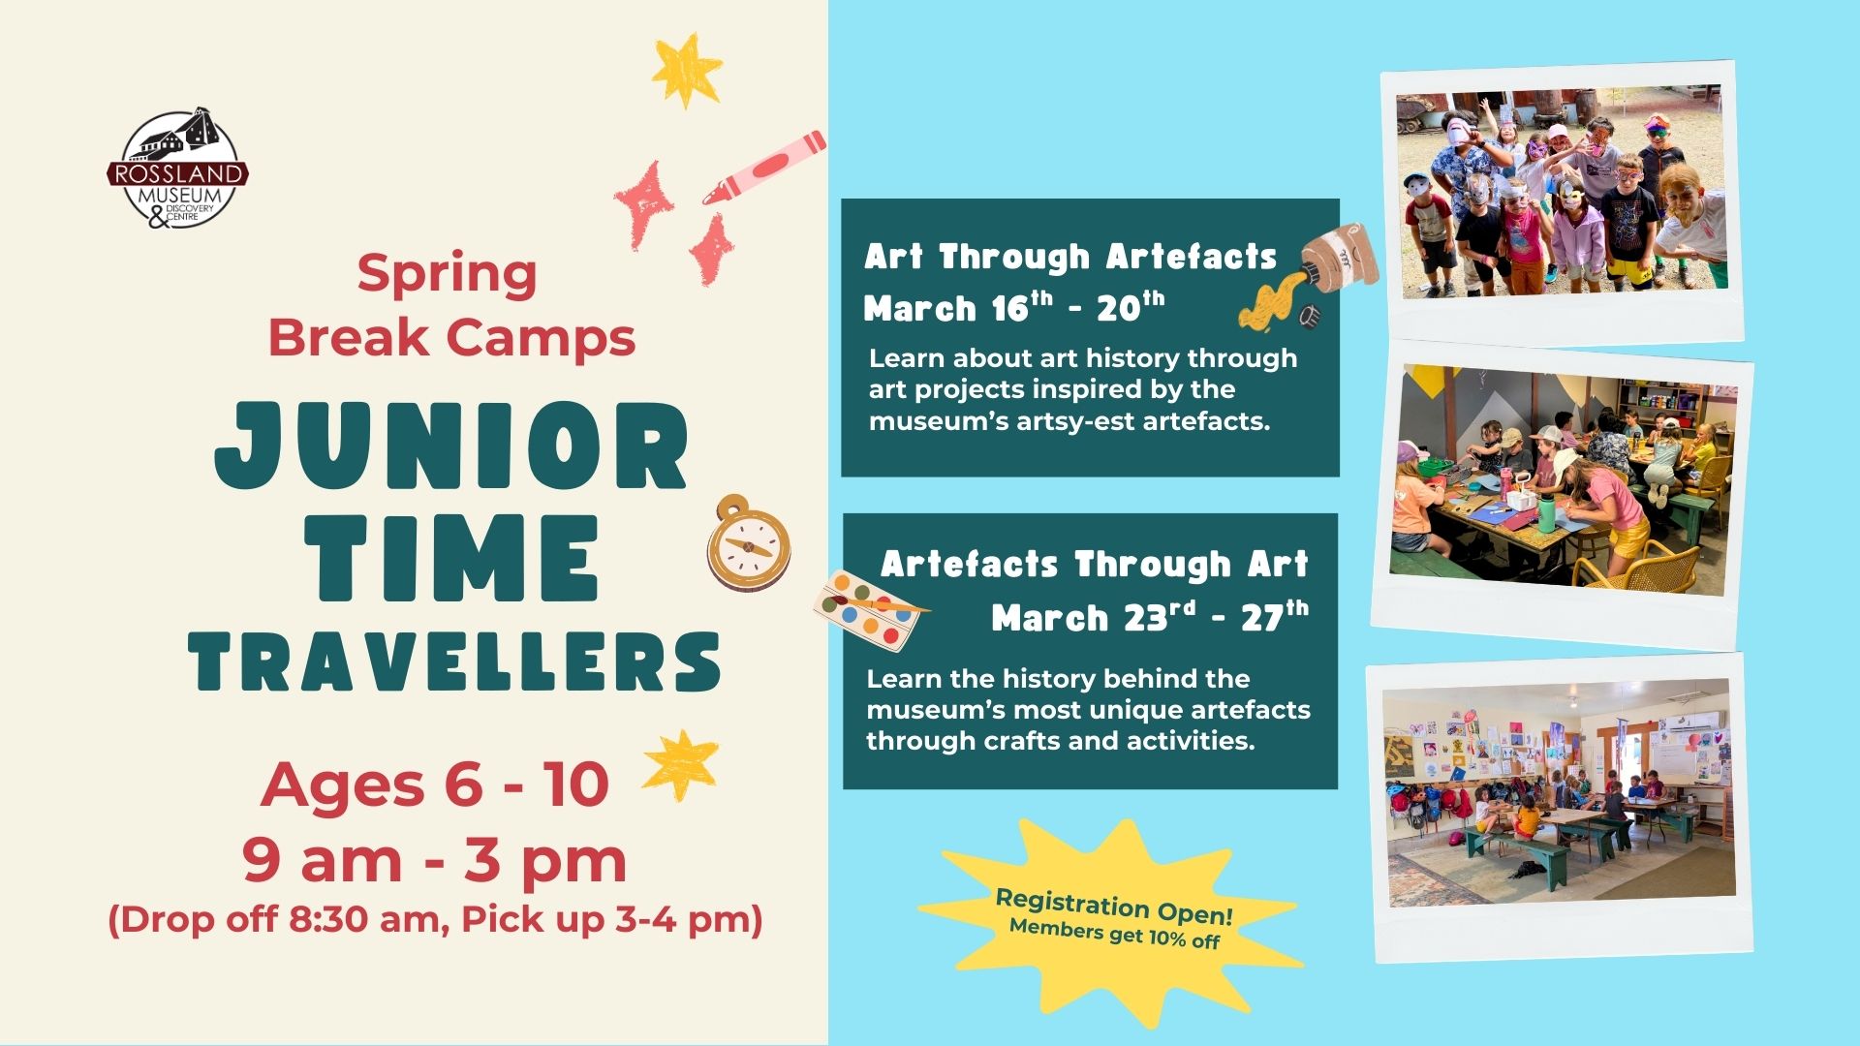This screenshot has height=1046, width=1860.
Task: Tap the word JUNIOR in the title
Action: [x=451, y=446]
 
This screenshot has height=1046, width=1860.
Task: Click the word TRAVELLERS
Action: [x=454, y=661]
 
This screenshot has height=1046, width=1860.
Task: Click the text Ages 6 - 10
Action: [x=434, y=784]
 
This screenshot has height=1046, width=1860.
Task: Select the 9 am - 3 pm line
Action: [x=434, y=860]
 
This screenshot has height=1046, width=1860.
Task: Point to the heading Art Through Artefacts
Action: [x=1070, y=257]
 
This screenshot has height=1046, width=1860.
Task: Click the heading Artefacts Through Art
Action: [x=1095, y=564]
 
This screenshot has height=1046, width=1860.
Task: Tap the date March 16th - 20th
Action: [x=1014, y=308]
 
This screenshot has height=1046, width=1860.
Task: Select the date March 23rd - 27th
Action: [x=1150, y=617]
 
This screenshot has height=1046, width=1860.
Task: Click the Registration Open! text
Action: [x=1114, y=907]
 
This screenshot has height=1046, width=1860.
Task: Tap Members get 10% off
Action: [x=1114, y=933]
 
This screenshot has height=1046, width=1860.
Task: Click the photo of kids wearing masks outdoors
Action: [x=1562, y=194]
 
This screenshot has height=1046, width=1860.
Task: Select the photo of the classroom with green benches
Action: [x=1557, y=792]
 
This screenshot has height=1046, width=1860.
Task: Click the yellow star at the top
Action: [x=687, y=71]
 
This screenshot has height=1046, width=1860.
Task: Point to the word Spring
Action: [x=447, y=275]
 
